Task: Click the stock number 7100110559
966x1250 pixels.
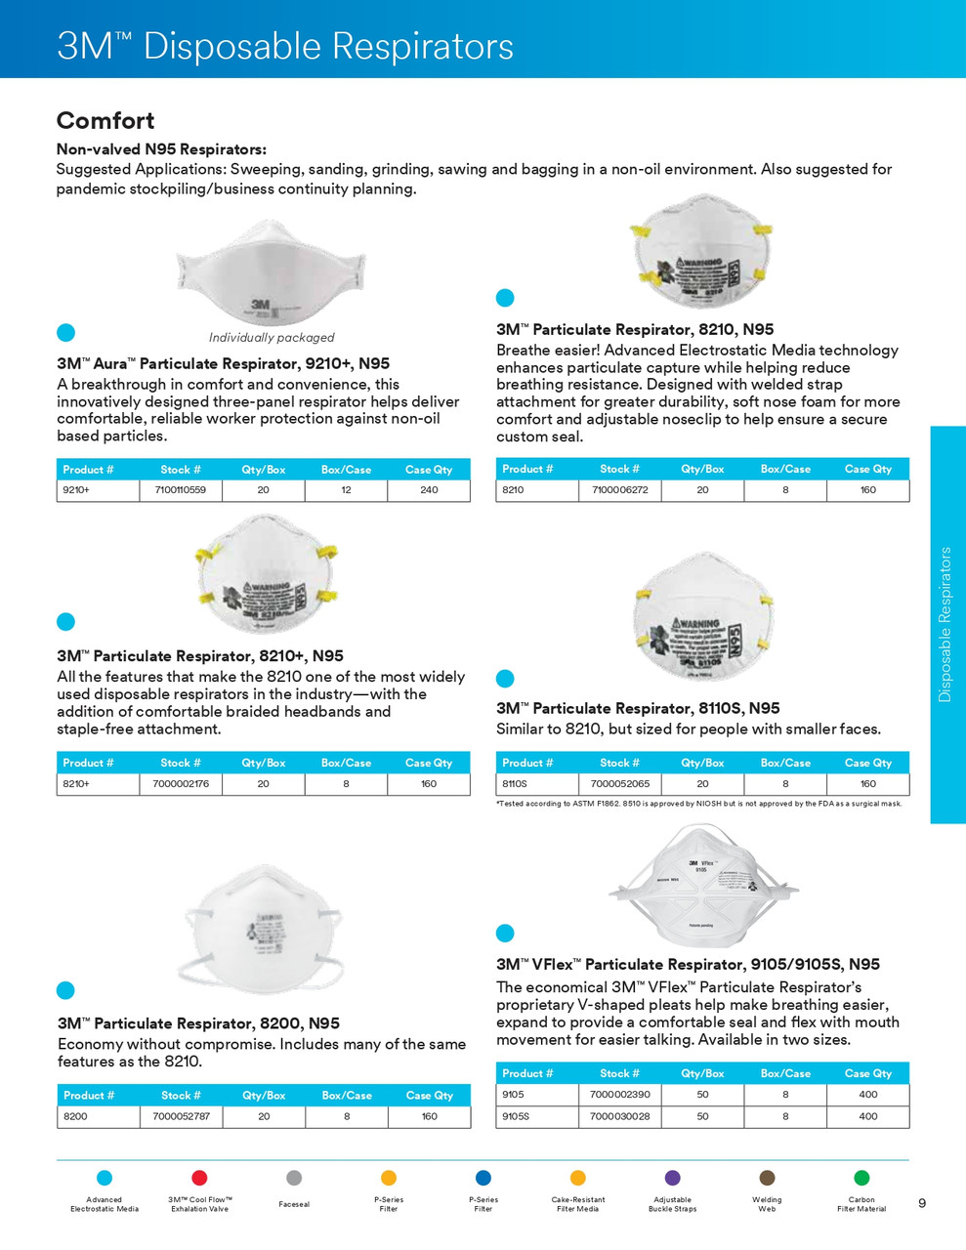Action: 181,490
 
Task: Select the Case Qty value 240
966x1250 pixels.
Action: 429,490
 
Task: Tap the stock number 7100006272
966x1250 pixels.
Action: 620,490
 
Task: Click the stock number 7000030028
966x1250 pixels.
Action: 620,1116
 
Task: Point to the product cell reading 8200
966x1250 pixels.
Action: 75,1116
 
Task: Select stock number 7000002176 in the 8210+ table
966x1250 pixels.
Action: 181,784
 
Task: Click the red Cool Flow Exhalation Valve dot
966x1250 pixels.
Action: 199,1178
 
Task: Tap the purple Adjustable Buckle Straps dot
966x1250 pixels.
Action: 672,1178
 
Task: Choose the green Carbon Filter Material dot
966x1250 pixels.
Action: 861,1178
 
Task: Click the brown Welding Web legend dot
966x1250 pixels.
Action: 767,1178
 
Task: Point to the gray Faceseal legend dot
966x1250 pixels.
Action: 294,1178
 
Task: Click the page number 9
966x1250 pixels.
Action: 922,1203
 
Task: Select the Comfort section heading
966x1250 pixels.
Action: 105,121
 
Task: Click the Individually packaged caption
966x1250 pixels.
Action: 272,338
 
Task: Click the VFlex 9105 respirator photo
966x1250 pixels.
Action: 703,885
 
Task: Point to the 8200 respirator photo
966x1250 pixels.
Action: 263,928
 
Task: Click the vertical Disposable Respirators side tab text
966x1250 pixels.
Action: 945,624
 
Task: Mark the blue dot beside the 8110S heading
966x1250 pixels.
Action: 505,679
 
